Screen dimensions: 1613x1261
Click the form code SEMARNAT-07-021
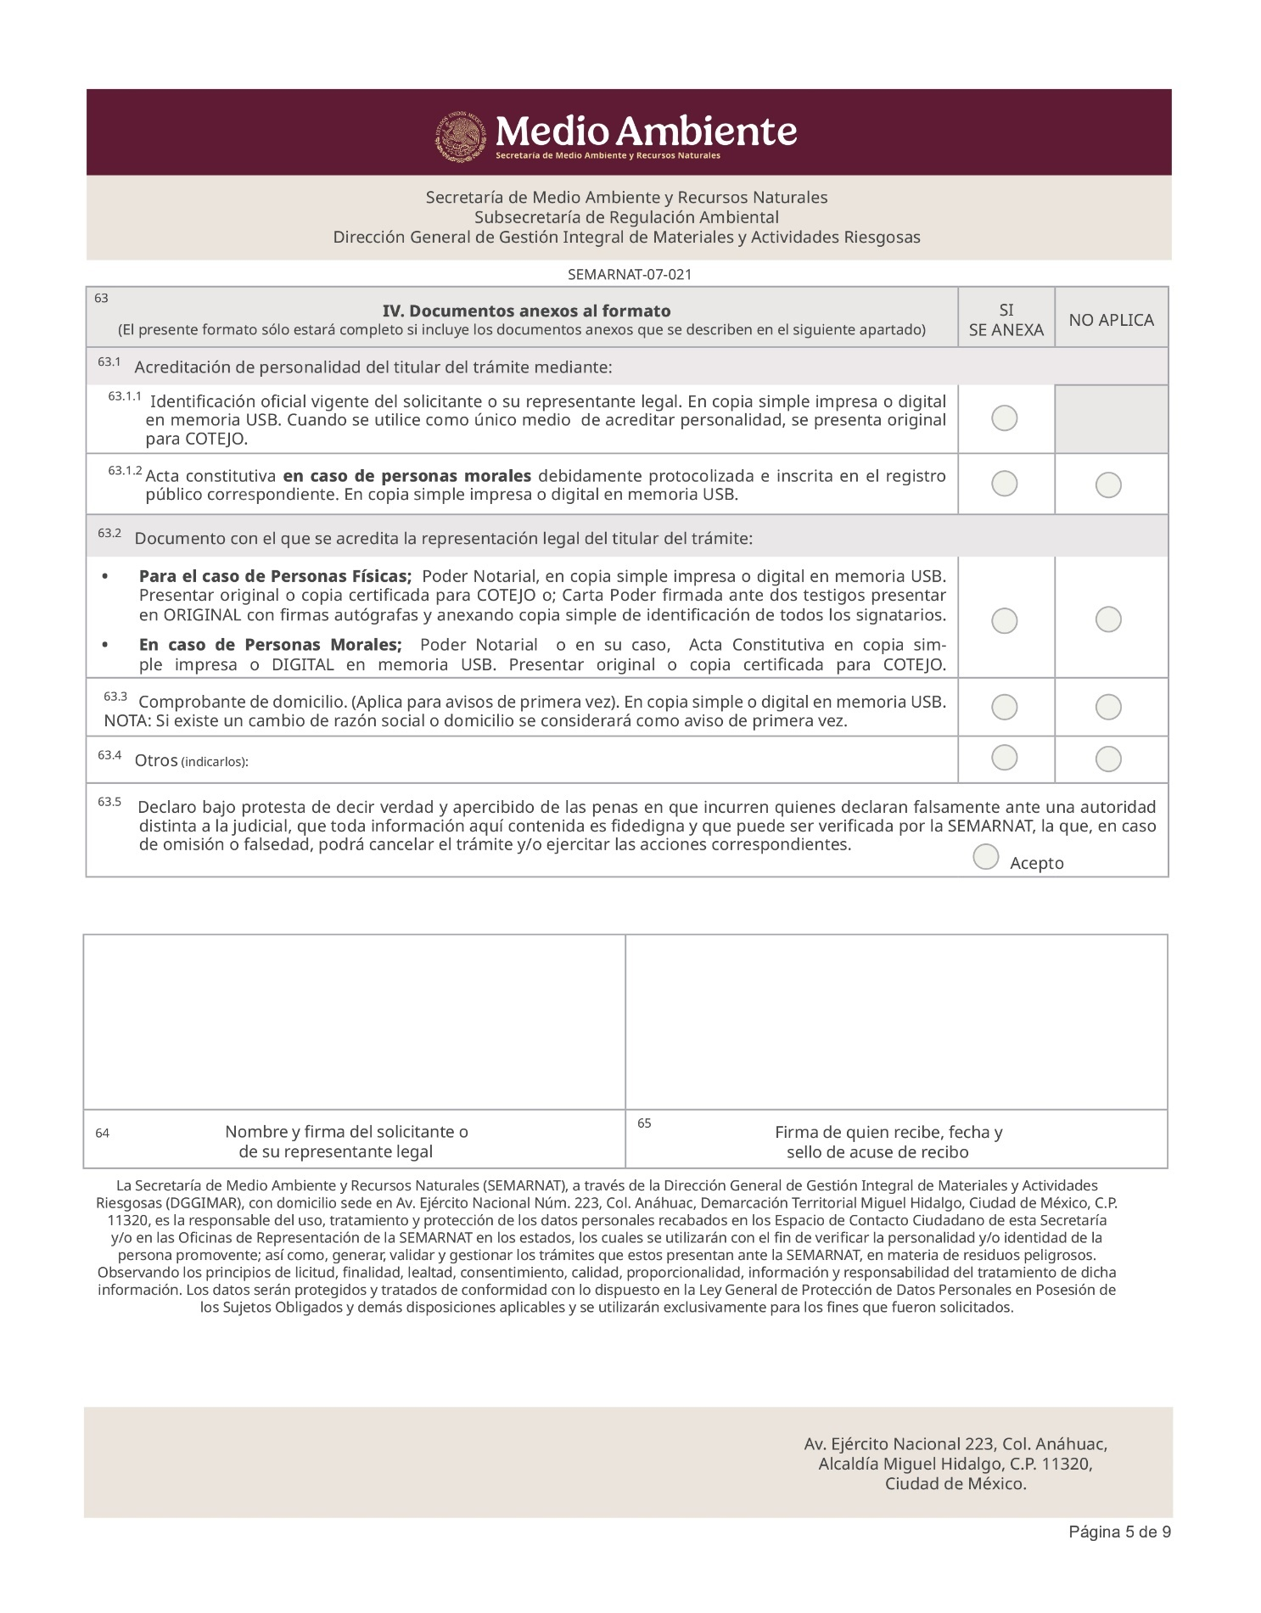pyautogui.click(x=629, y=274)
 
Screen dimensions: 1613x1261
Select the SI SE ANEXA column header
pyautogui.click(x=1006, y=320)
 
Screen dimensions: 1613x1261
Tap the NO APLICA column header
pyautogui.click(x=1111, y=320)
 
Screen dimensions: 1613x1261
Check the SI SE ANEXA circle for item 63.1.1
pyautogui.click(x=1005, y=418)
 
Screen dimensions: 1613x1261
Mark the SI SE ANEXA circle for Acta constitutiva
pyautogui.click(x=1005, y=484)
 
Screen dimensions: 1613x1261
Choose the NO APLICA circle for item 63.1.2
pyautogui.click(x=1108, y=485)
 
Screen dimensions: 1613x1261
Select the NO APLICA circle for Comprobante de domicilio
pyautogui.click(x=1108, y=707)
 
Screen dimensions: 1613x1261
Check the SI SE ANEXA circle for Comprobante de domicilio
pyautogui.click(x=1005, y=707)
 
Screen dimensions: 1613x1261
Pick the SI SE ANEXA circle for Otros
pyautogui.click(x=1005, y=757)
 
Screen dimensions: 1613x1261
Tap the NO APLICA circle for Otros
pyautogui.click(x=1108, y=759)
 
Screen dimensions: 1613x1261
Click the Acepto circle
pyautogui.click(x=986, y=857)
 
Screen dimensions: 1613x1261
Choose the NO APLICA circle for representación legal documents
pyautogui.click(x=1108, y=619)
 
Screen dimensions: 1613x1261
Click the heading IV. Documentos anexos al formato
pyautogui.click(x=526, y=311)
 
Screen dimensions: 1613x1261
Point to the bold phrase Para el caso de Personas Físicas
pyautogui.click(x=275, y=576)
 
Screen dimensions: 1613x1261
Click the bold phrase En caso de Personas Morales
pyautogui.click(x=270, y=645)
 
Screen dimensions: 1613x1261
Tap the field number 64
pyautogui.click(x=102, y=1134)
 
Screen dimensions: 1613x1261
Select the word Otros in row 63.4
pyautogui.click(x=155, y=760)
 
